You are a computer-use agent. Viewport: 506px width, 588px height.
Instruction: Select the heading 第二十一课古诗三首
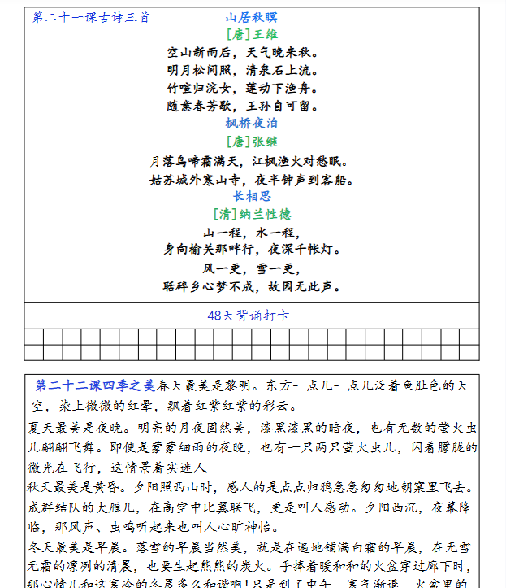[x=91, y=18]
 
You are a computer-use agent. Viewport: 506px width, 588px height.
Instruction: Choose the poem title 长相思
[x=252, y=196]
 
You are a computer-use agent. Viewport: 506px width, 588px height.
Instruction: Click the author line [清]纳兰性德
[x=251, y=214]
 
